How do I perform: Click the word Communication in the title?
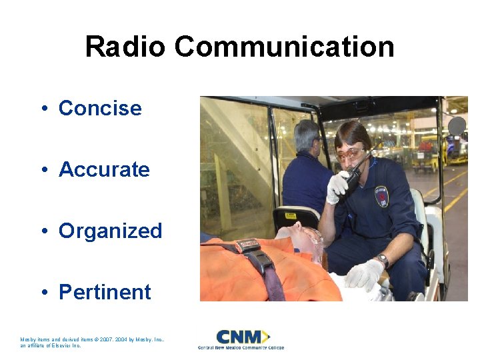[x=285, y=47]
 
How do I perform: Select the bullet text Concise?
[x=100, y=108]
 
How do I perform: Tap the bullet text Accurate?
[x=104, y=169]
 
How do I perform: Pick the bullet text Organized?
[x=111, y=231]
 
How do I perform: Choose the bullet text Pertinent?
[x=105, y=292]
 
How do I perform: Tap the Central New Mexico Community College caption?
[x=241, y=347]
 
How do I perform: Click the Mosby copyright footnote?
[x=93, y=343]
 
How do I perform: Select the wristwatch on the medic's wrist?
[x=383, y=259]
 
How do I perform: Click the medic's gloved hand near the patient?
[x=364, y=275]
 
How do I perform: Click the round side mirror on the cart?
[x=457, y=126]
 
